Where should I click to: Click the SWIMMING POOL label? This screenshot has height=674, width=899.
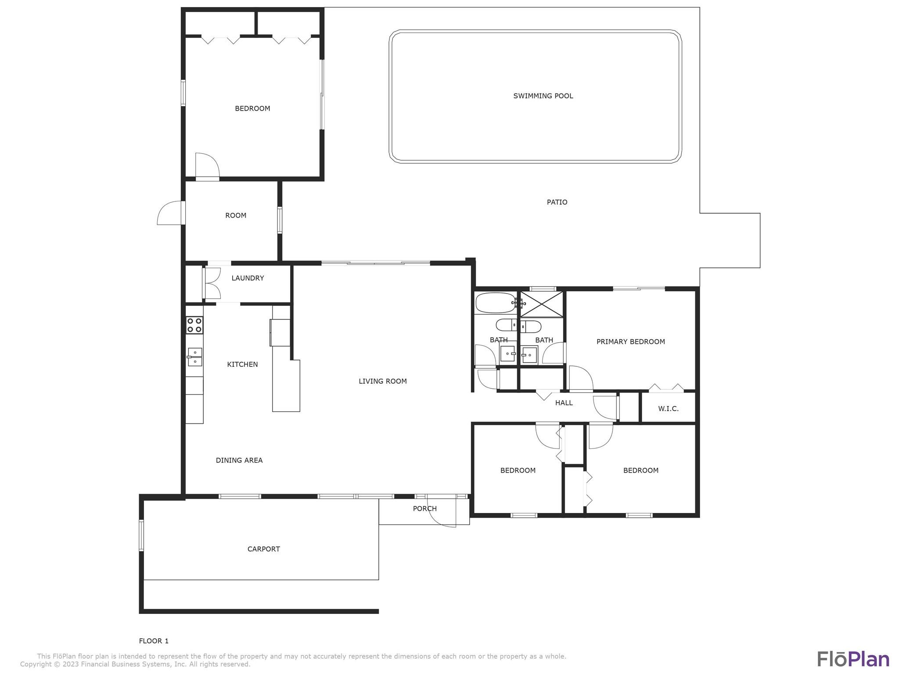(543, 96)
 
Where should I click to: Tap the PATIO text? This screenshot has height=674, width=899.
(557, 202)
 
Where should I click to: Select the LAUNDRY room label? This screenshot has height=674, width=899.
(248, 278)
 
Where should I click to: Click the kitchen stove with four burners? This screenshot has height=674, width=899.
(194, 325)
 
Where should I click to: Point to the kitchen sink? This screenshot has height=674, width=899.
(194, 357)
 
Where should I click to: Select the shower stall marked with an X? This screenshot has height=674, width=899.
(541, 304)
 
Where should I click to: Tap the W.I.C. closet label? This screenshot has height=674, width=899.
(668, 409)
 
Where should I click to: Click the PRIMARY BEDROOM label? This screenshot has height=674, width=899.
(630, 342)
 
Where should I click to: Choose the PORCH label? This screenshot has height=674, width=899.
(424, 509)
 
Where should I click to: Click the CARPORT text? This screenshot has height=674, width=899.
(263, 549)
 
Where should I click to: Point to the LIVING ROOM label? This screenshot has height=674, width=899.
(383, 381)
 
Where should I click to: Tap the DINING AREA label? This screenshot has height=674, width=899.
(239, 460)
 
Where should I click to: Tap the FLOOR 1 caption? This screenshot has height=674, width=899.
(154, 641)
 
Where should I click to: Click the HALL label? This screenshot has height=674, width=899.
(564, 403)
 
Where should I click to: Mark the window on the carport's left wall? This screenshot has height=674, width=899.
(141, 535)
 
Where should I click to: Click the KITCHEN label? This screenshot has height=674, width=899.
(242, 365)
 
